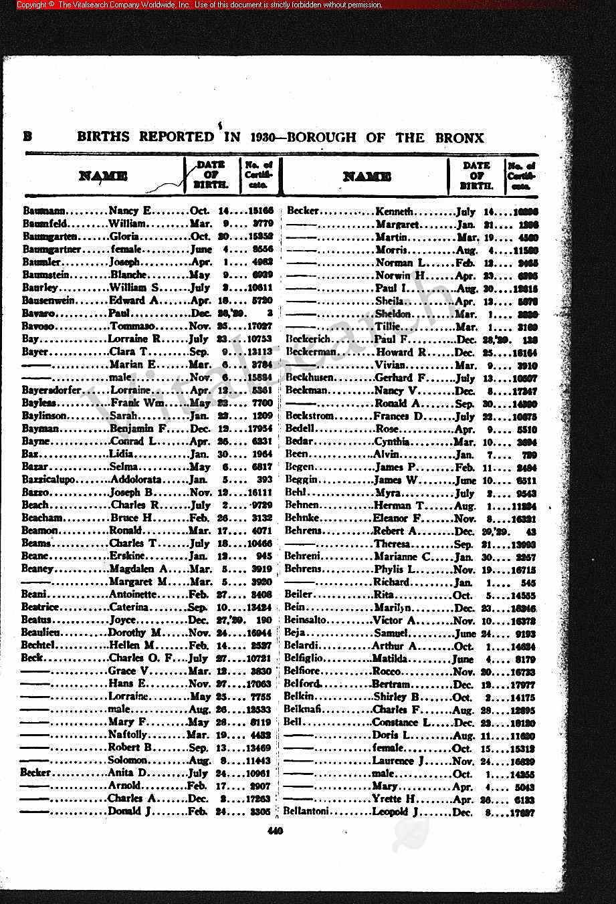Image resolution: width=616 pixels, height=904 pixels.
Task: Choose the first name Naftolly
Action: (127, 735)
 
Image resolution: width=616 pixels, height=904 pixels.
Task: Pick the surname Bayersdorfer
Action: (52, 390)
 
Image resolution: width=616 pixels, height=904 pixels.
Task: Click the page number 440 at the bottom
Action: (275, 831)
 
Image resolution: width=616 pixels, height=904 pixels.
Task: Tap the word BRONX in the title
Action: (459, 138)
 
